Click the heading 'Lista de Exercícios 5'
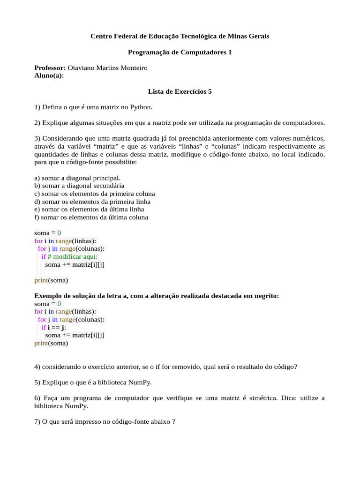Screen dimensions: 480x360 pyautogui.click(x=180, y=91)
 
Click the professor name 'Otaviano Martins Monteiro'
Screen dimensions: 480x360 pyautogui.click(x=107, y=68)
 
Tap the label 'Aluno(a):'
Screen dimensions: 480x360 pyautogui.click(x=49, y=75)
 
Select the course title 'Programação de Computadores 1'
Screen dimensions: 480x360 pyautogui.click(x=180, y=52)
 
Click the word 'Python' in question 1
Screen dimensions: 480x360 pyautogui.click(x=141, y=107)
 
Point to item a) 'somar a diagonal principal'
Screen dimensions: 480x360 pyautogui.click(x=77, y=178)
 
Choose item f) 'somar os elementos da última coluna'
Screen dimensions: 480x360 pyautogui.click(x=91, y=217)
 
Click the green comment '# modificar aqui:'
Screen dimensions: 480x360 pyautogui.click(x=73, y=257)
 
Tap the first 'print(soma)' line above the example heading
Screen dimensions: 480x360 pyautogui.click(x=51, y=281)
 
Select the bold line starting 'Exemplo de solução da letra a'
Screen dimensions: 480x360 pyautogui.click(x=157, y=296)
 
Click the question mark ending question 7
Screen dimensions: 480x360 pyautogui.click(x=173, y=422)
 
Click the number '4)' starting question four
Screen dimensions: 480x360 pyautogui.click(x=37, y=367)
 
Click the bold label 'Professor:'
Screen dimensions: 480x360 pyautogui.click(x=50, y=68)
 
